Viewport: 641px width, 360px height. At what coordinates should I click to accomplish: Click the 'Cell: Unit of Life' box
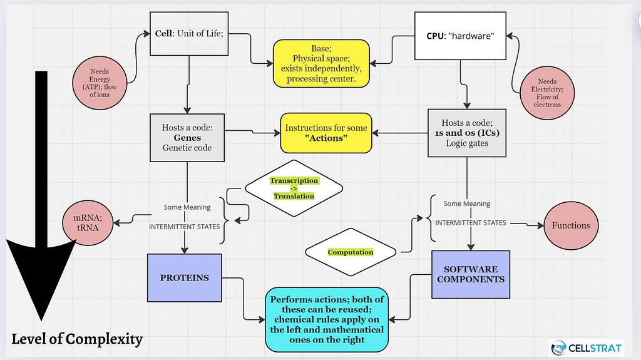click(x=189, y=34)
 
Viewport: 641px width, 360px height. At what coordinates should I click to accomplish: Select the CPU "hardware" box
click(x=460, y=36)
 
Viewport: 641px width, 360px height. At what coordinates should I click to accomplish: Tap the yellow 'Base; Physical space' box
click(x=321, y=63)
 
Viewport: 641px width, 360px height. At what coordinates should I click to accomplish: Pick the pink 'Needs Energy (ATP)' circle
click(x=100, y=83)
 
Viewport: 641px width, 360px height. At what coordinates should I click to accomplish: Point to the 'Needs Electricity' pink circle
click(x=547, y=93)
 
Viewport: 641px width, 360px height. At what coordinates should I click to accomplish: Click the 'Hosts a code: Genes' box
click(x=187, y=138)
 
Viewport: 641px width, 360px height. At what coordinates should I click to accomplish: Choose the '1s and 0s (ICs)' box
click(x=467, y=133)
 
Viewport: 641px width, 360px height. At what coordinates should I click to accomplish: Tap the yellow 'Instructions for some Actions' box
click(x=326, y=133)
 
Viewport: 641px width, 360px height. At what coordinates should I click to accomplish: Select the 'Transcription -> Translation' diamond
click(x=294, y=188)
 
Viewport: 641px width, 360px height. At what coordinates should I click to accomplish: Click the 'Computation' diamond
click(x=351, y=252)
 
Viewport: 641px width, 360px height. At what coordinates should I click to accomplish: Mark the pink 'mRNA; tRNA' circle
click(x=88, y=223)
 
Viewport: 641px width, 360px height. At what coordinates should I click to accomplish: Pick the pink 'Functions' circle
click(x=571, y=225)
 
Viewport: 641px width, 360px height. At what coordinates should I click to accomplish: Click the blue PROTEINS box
click(x=185, y=278)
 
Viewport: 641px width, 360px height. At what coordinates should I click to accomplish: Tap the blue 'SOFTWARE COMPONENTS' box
click(x=471, y=274)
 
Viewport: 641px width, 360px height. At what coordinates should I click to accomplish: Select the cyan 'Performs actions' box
click(x=327, y=319)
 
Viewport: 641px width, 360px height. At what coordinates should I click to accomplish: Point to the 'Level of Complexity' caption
click(x=77, y=339)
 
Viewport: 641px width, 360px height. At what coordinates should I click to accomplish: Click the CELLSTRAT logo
click(x=587, y=348)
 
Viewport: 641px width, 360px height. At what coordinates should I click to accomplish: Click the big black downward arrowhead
click(x=41, y=278)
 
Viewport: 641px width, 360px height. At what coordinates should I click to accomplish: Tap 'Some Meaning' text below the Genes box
click(x=187, y=207)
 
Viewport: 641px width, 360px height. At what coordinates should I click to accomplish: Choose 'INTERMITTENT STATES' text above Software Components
click(x=471, y=222)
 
